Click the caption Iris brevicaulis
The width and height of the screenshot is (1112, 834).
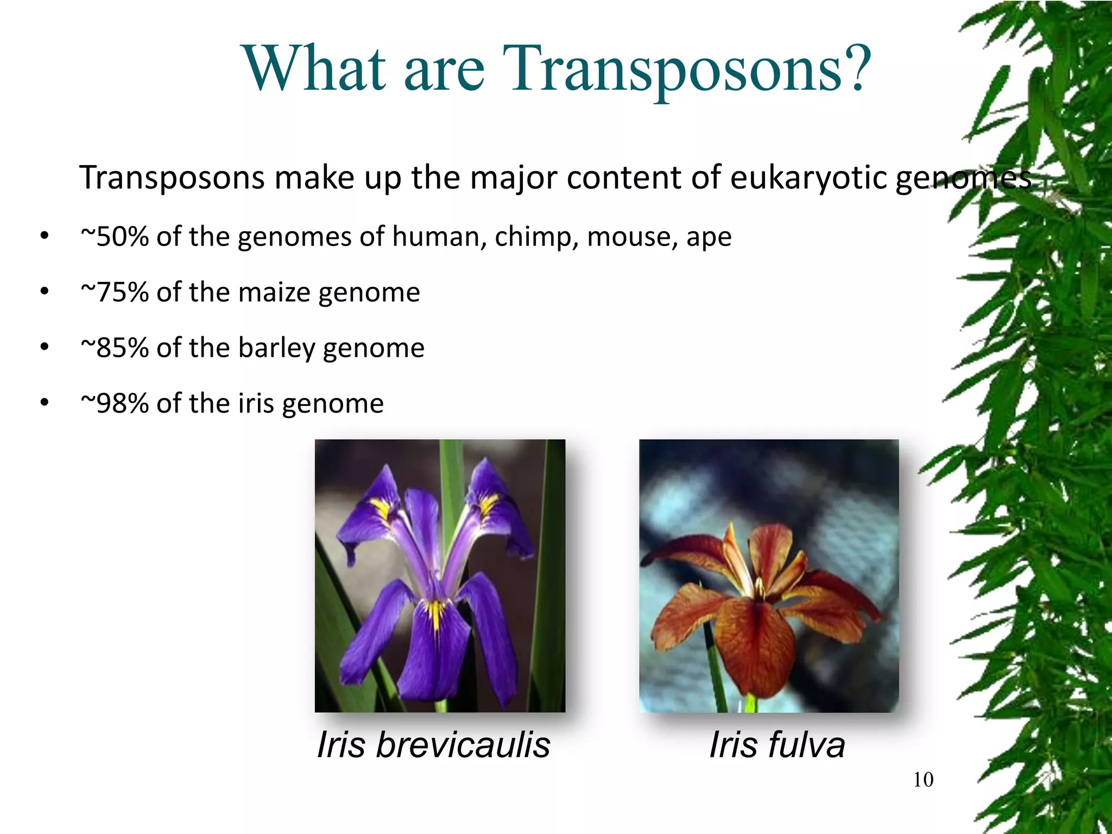pos(433,744)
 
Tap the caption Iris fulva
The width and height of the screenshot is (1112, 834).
pos(777,744)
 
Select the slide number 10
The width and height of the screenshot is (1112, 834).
pos(923,780)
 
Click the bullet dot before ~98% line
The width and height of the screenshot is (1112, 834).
pos(45,403)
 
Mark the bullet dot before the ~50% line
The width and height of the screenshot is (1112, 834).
pos(45,236)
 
